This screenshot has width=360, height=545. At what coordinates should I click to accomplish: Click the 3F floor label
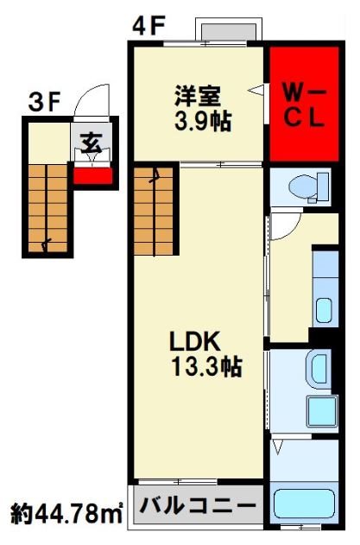tap(45, 103)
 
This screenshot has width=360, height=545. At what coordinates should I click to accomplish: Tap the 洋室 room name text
tap(198, 96)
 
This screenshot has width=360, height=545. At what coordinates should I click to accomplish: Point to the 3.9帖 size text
tap(203, 121)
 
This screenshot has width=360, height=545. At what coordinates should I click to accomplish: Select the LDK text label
tap(195, 341)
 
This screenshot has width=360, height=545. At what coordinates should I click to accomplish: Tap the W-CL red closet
tap(305, 104)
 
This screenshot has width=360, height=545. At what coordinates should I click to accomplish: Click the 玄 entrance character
tap(92, 143)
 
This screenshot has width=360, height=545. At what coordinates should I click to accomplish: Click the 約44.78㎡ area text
tap(66, 514)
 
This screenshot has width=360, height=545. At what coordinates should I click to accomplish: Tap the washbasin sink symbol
tap(318, 370)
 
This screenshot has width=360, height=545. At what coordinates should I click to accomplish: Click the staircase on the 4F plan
tap(154, 211)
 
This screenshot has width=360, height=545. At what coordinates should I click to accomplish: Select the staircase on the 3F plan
tap(47, 208)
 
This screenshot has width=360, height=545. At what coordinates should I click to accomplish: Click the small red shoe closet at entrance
tap(92, 176)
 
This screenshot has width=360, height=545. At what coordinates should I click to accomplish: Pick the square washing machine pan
tap(322, 412)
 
